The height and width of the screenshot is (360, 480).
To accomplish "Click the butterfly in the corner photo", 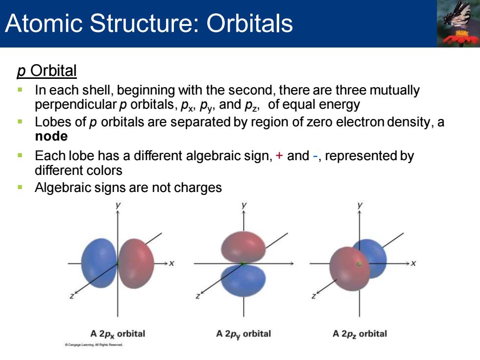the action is point(457,15).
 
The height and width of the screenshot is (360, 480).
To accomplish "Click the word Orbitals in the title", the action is point(249,23).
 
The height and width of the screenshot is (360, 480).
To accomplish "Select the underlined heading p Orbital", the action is point(47,71).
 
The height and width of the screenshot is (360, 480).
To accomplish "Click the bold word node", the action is point(51,136).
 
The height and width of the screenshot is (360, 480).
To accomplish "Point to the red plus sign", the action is point(279,156).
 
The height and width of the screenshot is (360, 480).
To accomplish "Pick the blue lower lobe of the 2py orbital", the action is point(243,280).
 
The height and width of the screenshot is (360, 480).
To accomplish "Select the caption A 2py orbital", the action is point(243,334).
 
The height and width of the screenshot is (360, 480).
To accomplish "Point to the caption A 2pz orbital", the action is point(360,334).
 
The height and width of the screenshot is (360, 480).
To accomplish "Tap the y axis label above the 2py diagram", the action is point(244,205).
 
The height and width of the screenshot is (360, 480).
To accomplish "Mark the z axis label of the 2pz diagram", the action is point(313,296).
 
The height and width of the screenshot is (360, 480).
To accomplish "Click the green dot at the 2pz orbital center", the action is point(360,264).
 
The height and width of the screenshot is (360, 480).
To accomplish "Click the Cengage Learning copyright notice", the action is point(94,345).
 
